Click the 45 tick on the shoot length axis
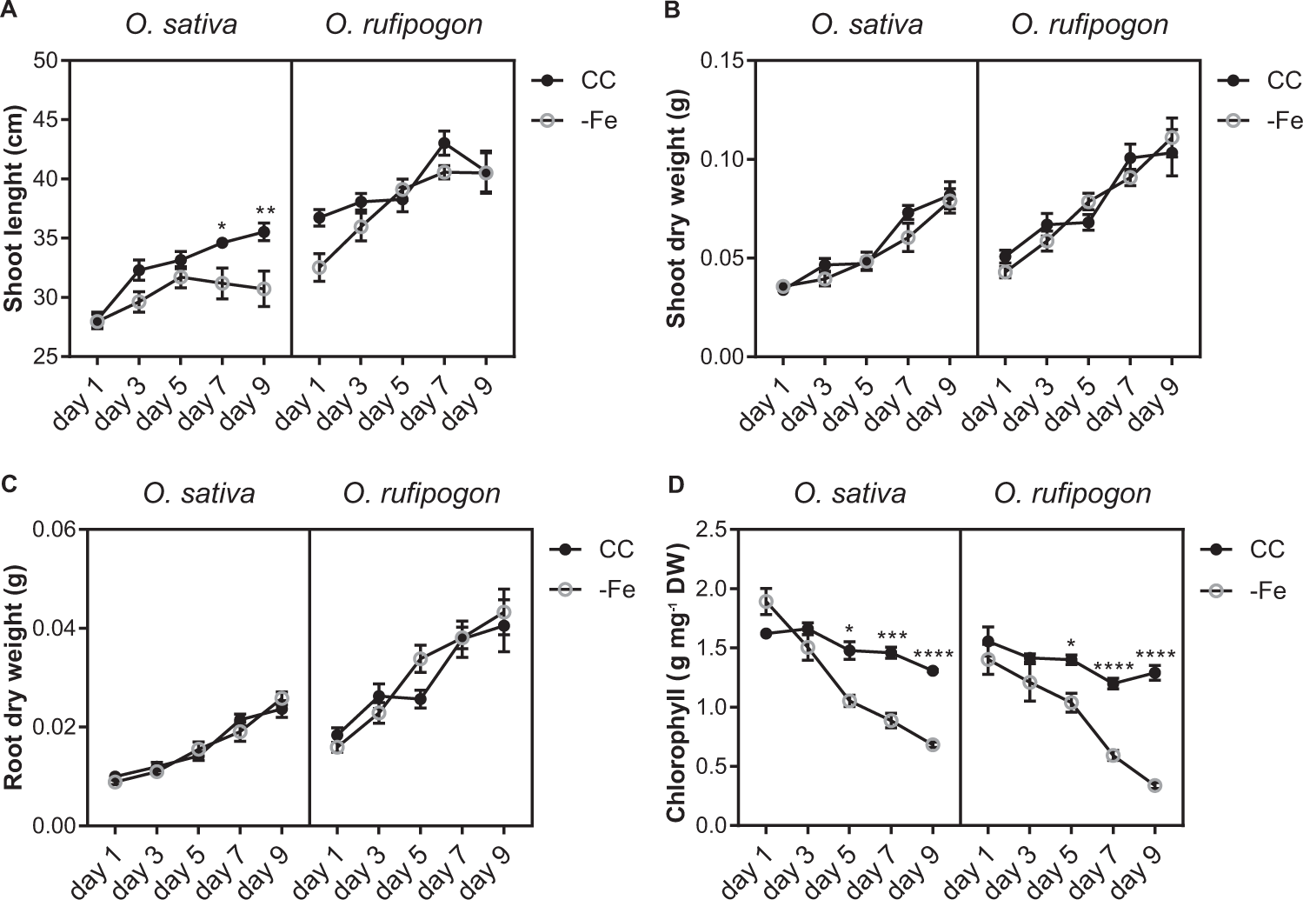point(43,120)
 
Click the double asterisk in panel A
point(265,212)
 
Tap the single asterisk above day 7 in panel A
point(223,227)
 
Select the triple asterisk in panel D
point(892,637)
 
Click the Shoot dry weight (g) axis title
point(677,209)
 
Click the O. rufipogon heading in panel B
point(1089,24)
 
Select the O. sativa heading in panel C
point(199,494)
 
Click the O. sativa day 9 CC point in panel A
point(263,232)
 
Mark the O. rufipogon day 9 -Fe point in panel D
point(1154,785)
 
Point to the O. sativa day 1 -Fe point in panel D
point(765,602)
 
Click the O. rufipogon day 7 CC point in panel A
point(444,143)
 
